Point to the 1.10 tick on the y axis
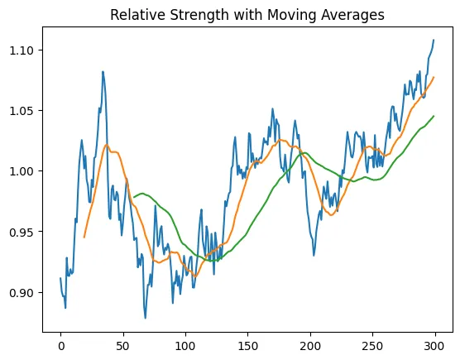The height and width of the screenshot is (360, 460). point(25,50)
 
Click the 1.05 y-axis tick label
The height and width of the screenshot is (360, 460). point(25,111)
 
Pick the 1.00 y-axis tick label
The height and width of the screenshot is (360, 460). point(25,171)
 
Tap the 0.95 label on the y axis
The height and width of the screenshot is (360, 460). point(25,232)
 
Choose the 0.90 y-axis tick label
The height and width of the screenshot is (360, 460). point(25,292)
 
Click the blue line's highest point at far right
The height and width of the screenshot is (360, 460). point(434,40)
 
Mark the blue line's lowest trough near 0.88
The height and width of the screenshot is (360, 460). point(145,318)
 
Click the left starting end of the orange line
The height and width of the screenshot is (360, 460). point(84,238)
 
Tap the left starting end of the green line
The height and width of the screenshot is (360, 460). point(134,197)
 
